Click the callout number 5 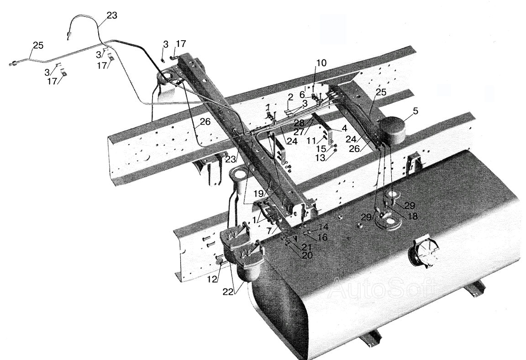[x=416, y=111]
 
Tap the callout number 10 [x=321, y=63]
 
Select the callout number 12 [x=212, y=279]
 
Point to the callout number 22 [x=228, y=292]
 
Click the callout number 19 [x=259, y=193]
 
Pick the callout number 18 [x=413, y=216]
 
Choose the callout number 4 [x=344, y=128]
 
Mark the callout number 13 [x=320, y=157]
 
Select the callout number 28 [x=299, y=123]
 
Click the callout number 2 [x=290, y=97]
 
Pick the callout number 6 [x=302, y=95]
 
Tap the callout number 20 [x=307, y=256]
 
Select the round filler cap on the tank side [x=423, y=253]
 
